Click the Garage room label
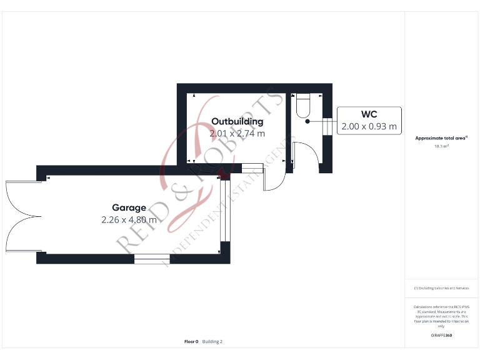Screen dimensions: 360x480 coord(129,207)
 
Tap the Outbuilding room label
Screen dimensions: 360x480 coord(237,121)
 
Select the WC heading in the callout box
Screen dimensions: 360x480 coord(369,114)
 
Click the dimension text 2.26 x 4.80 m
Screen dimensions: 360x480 coord(129,219)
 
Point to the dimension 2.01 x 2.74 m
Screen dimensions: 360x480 coord(237,133)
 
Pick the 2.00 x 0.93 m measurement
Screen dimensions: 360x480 coord(369,126)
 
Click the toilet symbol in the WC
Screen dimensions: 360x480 coord(302,105)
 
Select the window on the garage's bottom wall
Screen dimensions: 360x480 coord(152,258)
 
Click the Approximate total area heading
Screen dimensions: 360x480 coord(441,138)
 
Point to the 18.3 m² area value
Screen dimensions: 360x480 coord(441,146)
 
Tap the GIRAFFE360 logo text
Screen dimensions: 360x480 coord(441,336)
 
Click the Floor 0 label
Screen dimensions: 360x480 coord(191,342)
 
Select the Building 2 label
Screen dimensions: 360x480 coord(212,342)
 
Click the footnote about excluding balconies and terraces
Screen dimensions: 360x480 coord(441,288)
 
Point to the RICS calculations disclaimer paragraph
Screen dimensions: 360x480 coord(441,316)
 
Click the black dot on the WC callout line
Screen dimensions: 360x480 coord(307,121)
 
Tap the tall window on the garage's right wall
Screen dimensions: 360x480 coord(226,211)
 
